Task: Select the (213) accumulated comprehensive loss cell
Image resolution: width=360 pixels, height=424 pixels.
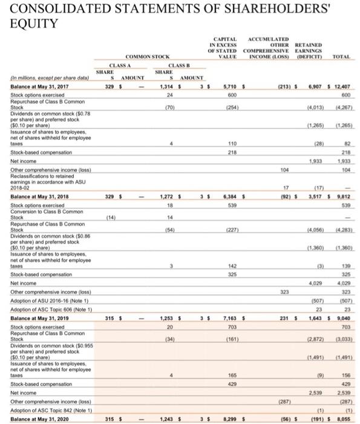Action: pos(281,87)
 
